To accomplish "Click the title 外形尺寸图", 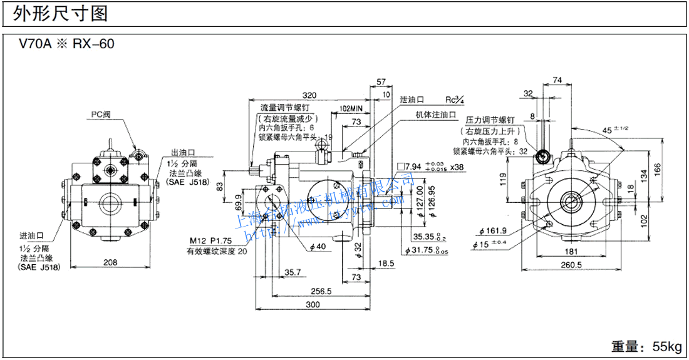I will pyautogui.click(x=59, y=12).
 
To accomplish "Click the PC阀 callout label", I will pyautogui.click(x=103, y=115).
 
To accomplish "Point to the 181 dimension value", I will pyautogui.click(x=570, y=252).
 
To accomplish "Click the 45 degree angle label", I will pyautogui.click(x=611, y=130).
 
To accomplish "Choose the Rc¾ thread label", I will pyautogui.click(x=454, y=100).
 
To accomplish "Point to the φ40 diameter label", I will pyautogui.click(x=319, y=247).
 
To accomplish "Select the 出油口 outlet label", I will pyautogui.click(x=184, y=152).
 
